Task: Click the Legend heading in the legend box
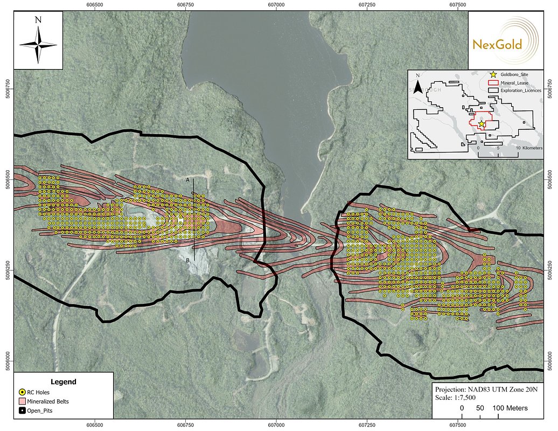point(63,381)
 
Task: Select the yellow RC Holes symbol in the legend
point(22,392)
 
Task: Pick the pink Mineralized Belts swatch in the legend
point(22,401)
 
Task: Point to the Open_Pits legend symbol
point(22,411)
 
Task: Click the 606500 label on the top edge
point(95,4)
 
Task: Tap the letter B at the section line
point(187,260)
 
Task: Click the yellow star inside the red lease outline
point(481,123)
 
